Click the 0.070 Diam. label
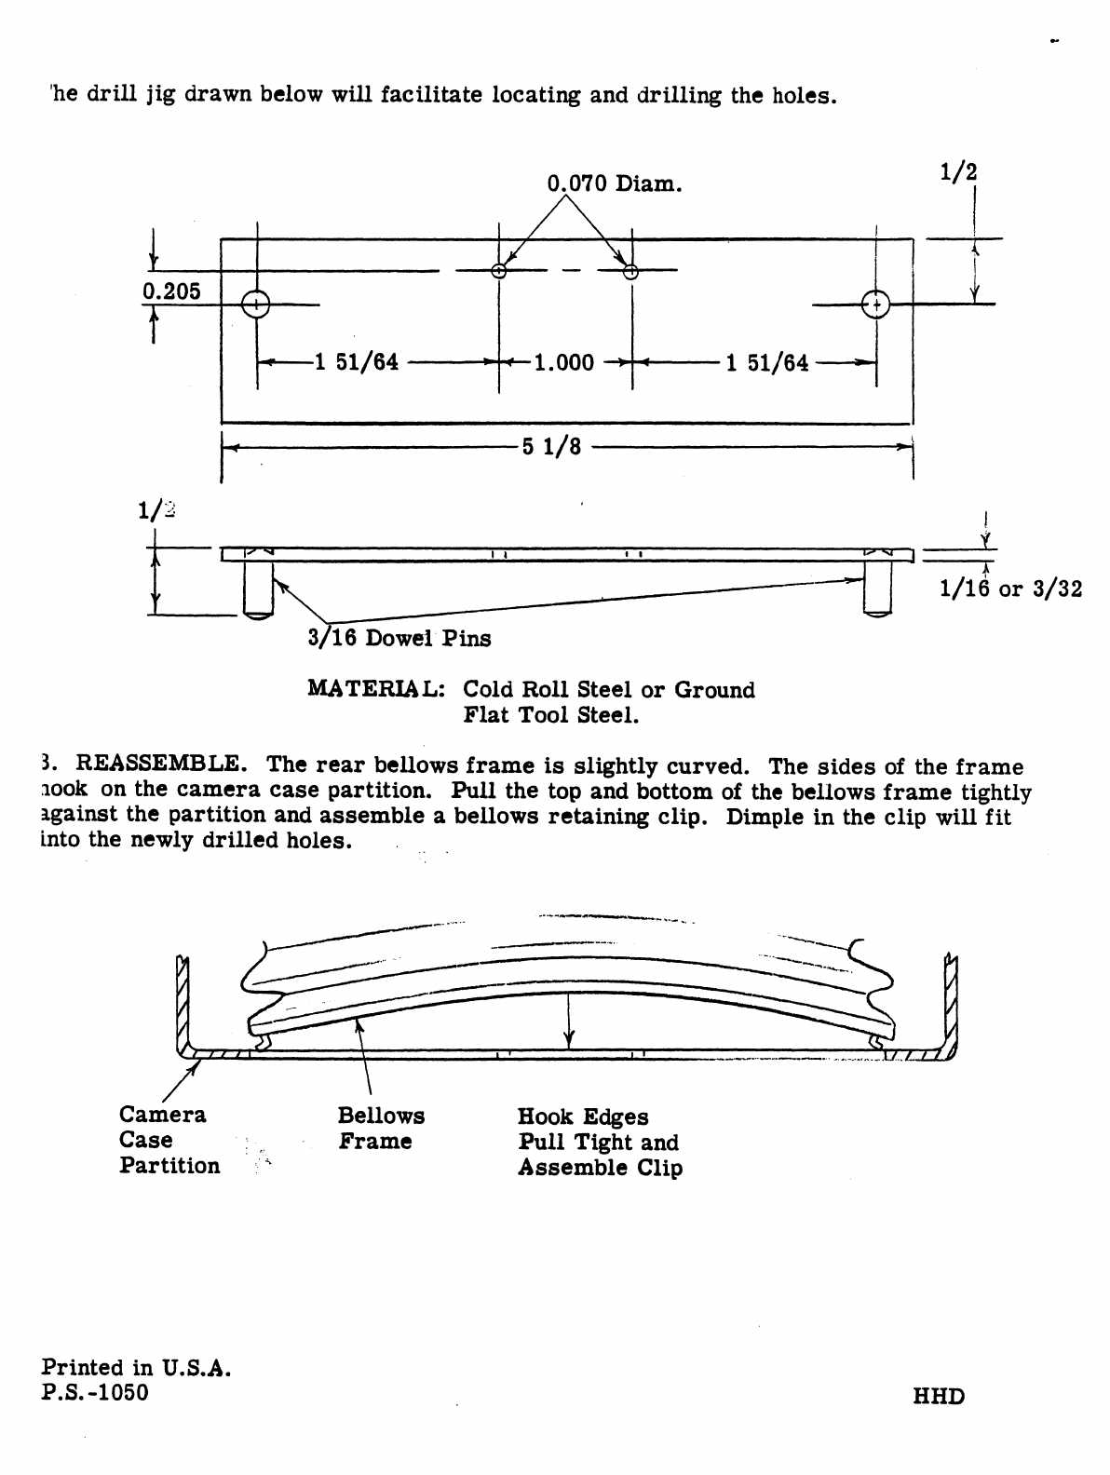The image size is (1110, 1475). (x=614, y=183)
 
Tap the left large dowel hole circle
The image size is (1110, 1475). (x=255, y=304)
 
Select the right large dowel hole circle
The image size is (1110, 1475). (x=876, y=304)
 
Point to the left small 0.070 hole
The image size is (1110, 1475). (x=499, y=271)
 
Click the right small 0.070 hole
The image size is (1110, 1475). (x=630, y=271)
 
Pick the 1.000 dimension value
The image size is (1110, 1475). (x=563, y=362)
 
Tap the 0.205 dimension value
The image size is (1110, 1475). (x=171, y=291)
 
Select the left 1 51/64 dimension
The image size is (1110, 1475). (x=357, y=362)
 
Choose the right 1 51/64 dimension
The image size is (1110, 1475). (x=767, y=362)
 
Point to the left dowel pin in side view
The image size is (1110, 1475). (x=256, y=589)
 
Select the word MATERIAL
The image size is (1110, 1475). (x=376, y=690)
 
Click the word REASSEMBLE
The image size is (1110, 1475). (x=161, y=766)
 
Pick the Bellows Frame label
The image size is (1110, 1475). (x=381, y=1128)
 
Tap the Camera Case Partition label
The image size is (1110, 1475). (x=169, y=1140)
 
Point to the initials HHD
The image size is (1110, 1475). (x=940, y=1396)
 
